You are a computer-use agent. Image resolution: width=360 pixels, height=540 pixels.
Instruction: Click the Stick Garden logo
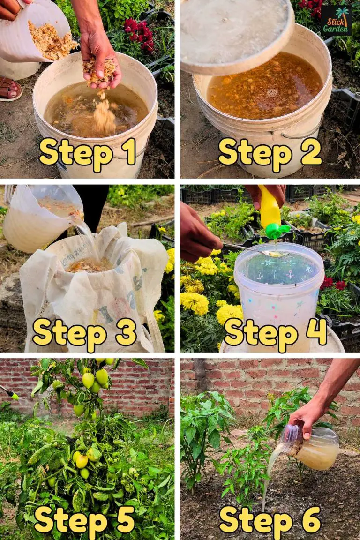point(336,21)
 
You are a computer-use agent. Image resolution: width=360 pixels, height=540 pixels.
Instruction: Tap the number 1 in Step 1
point(128,153)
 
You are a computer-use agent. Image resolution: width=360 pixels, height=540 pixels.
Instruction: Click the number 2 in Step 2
point(311,153)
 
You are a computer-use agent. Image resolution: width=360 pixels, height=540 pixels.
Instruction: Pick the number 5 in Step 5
point(124,519)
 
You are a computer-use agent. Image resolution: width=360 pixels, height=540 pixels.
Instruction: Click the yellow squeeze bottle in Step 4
point(270,209)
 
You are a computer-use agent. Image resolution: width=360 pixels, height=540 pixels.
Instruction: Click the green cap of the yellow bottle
point(277,231)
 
